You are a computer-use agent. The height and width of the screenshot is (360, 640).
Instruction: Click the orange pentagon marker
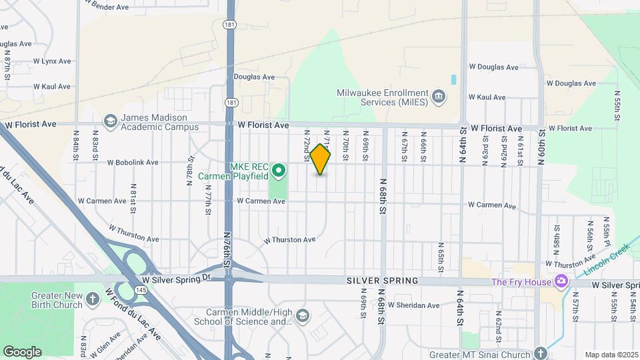coord(320,160)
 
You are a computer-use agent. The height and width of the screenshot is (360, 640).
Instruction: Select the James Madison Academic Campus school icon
coord(110,121)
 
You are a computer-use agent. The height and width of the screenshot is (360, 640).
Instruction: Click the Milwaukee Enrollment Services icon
coord(439,97)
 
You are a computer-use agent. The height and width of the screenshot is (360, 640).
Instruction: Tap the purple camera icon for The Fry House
coord(561,281)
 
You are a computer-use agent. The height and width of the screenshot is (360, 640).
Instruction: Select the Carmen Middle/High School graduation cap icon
coord(303,315)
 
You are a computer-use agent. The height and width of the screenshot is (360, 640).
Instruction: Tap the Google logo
coord(22,351)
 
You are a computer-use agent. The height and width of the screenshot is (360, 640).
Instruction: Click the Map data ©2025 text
coord(611,355)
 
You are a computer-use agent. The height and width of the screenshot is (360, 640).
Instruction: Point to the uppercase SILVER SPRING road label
coord(382,281)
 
